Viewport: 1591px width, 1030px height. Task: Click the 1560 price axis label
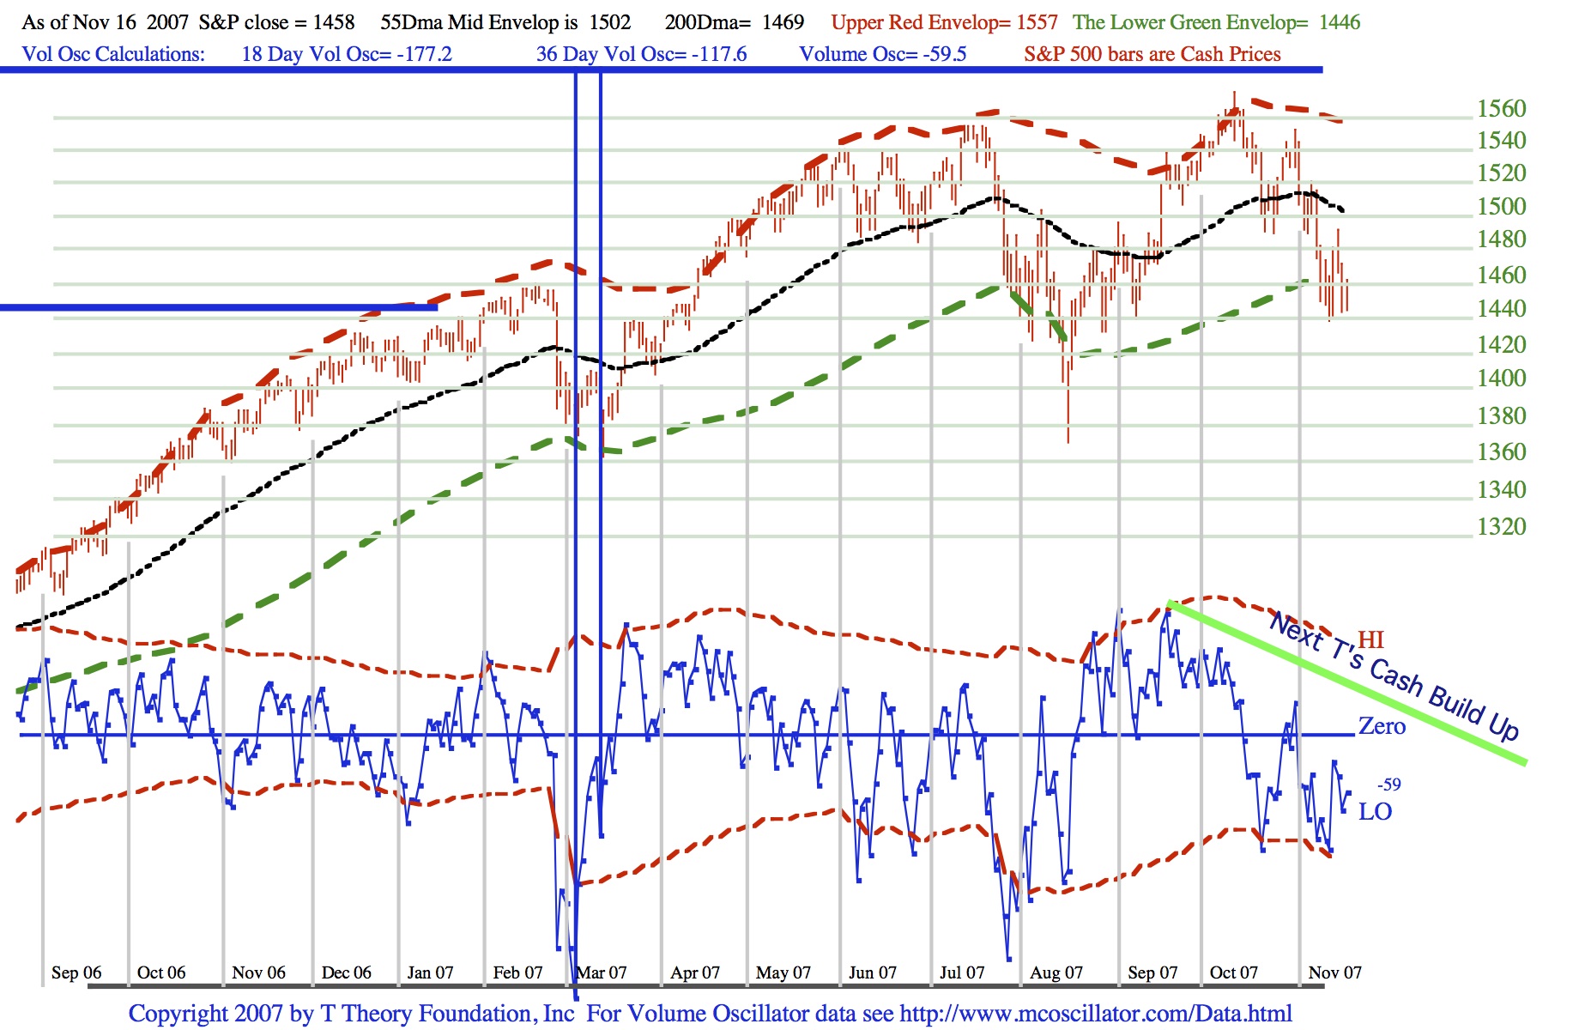tap(1501, 109)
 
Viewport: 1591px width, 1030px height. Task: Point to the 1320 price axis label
tap(1501, 526)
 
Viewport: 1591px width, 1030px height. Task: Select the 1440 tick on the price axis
tap(1501, 308)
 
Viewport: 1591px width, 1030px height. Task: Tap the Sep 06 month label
tap(76, 972)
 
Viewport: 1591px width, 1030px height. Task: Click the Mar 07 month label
tap(602, 972)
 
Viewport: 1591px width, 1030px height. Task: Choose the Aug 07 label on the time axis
tap(1056, 972)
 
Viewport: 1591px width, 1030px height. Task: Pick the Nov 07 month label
tap(1334, 972)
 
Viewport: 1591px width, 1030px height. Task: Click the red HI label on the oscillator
tap(1370, 639)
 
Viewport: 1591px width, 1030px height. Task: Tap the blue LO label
tap(1375, 811)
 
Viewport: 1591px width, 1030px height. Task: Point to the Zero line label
tap(1382, 726)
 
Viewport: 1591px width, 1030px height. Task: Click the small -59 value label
tap(1389, 785)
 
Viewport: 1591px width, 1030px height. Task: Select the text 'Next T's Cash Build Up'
tap(1394, 676)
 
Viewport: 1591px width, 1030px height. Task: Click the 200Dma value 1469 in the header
tap(783, 22)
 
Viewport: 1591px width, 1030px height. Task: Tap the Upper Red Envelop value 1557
tap(1037, 22)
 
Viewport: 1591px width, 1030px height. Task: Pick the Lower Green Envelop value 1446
tap(1339, 22)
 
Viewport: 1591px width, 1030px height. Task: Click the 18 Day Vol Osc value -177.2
tap(424, 54)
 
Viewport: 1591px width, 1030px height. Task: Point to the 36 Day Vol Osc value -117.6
tap(719, 54)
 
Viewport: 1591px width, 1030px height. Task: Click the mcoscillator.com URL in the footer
tap(1096, 1014)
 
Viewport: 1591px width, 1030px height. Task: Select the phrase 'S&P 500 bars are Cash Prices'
tap(1152, 54)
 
